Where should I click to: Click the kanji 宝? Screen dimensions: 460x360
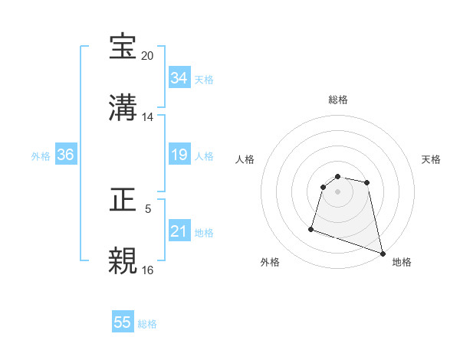(x=123, y=47)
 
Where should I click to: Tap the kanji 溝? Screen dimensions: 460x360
(x=123, y=108)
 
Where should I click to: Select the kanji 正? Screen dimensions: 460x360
(x=123, y=201)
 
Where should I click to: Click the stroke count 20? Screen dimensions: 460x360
(x=148, y=56)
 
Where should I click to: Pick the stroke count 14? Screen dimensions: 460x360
(x=148, y=117)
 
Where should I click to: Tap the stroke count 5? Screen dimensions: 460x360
(x=148, y=209)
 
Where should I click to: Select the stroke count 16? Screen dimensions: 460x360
(x=148, y=270)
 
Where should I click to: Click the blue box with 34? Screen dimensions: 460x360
(x=179, y=78)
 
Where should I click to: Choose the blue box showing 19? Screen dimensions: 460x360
(x=179, y=155)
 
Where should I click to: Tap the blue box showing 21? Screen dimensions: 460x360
(x=179, y=231)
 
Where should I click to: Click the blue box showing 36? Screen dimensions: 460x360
(x=65, y=155)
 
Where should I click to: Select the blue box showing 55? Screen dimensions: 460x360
(x=123, y=322)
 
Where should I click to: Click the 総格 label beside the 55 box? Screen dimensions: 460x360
(x=147, y=324)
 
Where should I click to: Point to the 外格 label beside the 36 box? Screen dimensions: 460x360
(x=41, y=155)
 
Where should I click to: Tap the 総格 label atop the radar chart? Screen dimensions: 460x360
(x=338, y=100)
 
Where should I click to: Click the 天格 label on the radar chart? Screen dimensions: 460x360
(x=432, y=159)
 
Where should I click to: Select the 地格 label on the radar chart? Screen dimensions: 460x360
(x=402, y=262)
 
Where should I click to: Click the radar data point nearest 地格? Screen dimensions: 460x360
(x=383, y=254)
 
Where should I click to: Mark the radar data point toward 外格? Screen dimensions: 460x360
(x=311, y=228)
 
